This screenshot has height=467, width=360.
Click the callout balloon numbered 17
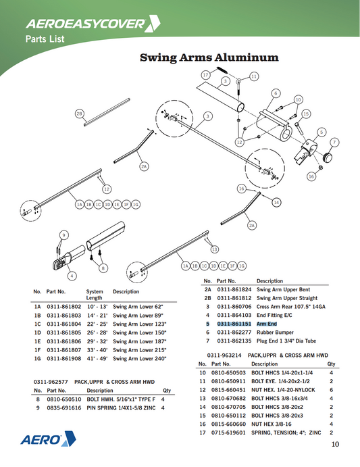point(206,75)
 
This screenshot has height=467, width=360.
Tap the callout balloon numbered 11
point(254,76)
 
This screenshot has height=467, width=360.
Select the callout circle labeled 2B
point(79,114)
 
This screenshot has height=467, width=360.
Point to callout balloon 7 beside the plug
point(334,143)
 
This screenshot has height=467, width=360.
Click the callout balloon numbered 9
point(63,235)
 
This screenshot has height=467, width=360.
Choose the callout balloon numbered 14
point(276,203)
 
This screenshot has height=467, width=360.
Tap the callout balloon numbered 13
point(214,249)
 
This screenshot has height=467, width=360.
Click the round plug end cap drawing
point(328,157)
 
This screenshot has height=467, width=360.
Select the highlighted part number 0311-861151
point(234,324)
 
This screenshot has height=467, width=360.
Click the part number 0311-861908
point(64,359)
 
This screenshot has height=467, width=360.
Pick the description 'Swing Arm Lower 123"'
point(140,324)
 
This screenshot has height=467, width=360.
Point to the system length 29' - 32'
point(97,341)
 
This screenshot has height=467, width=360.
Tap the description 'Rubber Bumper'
point(275,333)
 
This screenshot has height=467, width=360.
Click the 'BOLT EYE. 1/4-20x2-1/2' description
point(280,381)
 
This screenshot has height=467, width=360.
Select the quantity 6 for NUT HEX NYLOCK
point(332,390)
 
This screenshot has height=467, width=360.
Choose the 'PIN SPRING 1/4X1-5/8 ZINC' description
point(121,408)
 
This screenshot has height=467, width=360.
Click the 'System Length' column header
point(95,295)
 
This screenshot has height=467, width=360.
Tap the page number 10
point(335,445)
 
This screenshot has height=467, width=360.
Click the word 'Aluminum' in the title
point(247,57)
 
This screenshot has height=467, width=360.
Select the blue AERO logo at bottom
point(48,439)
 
